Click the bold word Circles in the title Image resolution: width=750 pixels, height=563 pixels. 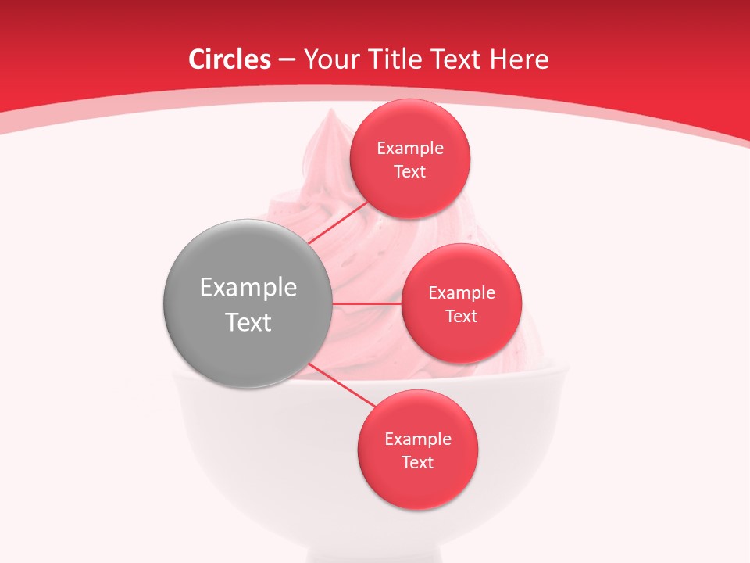230,59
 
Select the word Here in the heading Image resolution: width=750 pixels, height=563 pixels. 520,59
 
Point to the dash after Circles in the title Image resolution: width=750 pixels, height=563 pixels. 286,60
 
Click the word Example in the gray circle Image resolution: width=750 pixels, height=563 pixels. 248,288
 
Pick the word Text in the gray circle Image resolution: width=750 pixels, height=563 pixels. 248,322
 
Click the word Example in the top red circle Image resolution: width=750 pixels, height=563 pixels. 410,149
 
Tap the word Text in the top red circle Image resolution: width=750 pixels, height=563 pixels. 410,172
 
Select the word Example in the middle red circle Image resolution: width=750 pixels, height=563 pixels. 462,293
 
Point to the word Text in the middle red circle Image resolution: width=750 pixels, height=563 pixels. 462,317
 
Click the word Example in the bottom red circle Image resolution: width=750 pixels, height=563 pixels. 418,439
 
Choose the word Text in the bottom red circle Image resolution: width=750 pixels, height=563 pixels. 418,463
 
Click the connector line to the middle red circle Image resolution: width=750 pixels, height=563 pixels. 366,303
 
